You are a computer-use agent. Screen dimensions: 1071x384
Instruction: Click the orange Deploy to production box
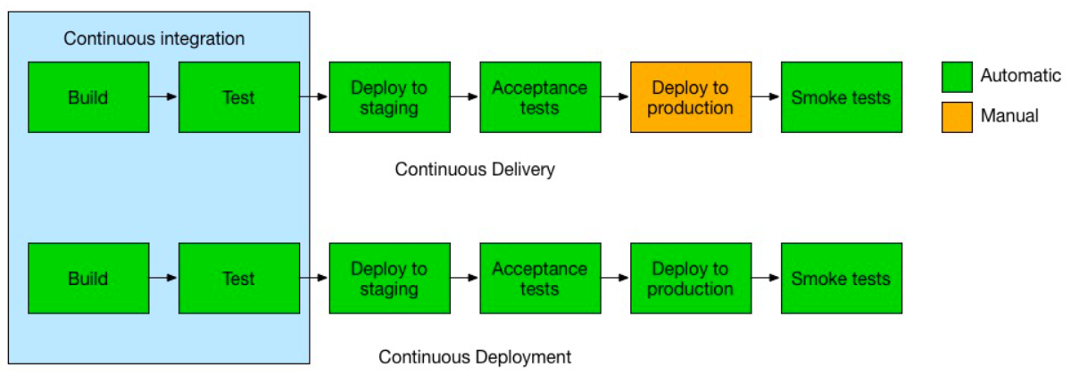click(691, 97)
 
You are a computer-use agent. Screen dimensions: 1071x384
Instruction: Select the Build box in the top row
click(88, 97)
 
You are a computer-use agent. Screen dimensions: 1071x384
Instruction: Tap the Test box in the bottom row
click(239, 279)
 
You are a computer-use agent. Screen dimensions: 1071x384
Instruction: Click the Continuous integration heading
click(154, 38)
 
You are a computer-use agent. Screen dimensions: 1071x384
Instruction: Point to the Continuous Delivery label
click(475, 170)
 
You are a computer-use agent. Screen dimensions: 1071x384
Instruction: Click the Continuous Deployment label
click(475, 357)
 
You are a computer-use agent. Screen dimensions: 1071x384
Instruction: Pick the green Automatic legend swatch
click(957, 77)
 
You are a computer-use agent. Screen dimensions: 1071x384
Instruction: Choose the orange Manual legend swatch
click(957, 117)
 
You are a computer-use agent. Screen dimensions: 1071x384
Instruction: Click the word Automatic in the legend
click(1021, 76)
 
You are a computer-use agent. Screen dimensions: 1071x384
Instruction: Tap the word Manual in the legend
click(1009, 116)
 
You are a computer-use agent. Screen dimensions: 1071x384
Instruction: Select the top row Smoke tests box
click(842, 97)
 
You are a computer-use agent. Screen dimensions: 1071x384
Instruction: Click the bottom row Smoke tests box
click(842, 279)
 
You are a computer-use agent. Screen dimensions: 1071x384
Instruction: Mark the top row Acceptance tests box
click(540, 97)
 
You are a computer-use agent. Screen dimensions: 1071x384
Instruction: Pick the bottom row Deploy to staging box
click(390, 279)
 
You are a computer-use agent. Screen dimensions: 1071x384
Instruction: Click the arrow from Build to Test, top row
click(163, 96)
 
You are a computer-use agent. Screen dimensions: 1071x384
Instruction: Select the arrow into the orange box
click(615, 96)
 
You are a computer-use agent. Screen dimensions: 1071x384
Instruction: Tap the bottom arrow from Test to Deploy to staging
click(314, 278)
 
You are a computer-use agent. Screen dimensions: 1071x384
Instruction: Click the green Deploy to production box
click(691, 279)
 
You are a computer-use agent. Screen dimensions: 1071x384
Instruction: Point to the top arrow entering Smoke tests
click(766, 96)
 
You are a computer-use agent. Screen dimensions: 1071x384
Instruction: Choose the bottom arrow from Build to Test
click(163, 278)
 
